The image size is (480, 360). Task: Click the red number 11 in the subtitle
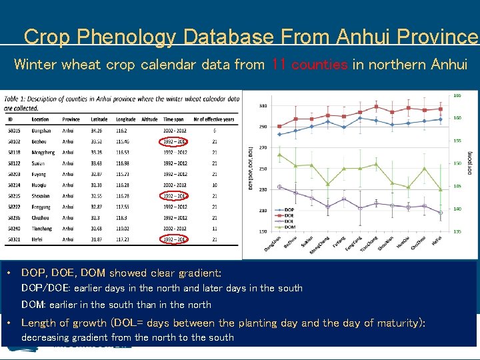[x=279, y=65]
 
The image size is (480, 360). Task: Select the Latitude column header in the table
[x=99, y=119]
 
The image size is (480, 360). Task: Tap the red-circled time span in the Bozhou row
[x=175, y=141]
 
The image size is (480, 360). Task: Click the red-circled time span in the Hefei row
[x=175, y=239]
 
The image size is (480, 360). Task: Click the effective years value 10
[x=214, y=185]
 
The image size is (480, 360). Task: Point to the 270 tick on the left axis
[x=263, y=147]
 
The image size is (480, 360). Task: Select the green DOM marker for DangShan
[x=279, y=155]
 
